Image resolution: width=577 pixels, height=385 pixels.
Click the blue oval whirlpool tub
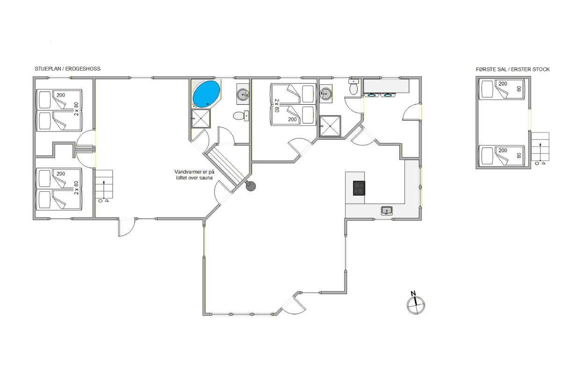(207, 94)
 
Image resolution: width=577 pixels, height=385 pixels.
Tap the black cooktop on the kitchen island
(359, 188)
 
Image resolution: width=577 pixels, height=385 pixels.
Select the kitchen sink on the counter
(387, 211)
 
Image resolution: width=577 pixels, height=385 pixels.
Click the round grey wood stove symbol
(251, 186)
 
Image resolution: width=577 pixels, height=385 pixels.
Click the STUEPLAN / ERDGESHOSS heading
(67, 69)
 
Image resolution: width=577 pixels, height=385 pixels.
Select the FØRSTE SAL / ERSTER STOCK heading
(512, 69)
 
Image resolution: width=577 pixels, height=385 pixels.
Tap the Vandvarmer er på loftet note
(194, 174)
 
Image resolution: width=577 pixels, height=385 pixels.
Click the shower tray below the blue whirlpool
(201, 118)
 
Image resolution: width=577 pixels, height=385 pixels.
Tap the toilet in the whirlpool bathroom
(241, 116)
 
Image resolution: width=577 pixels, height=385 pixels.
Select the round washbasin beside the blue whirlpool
(243, 94)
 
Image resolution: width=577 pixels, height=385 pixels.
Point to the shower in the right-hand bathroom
(330, 126)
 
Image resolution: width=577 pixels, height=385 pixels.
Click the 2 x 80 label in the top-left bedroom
(76, 109)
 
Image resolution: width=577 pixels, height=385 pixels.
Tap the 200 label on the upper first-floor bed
(503, 84)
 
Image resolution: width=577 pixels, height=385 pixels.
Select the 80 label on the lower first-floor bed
(519, 155)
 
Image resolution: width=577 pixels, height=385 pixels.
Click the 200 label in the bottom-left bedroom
(61, 174)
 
